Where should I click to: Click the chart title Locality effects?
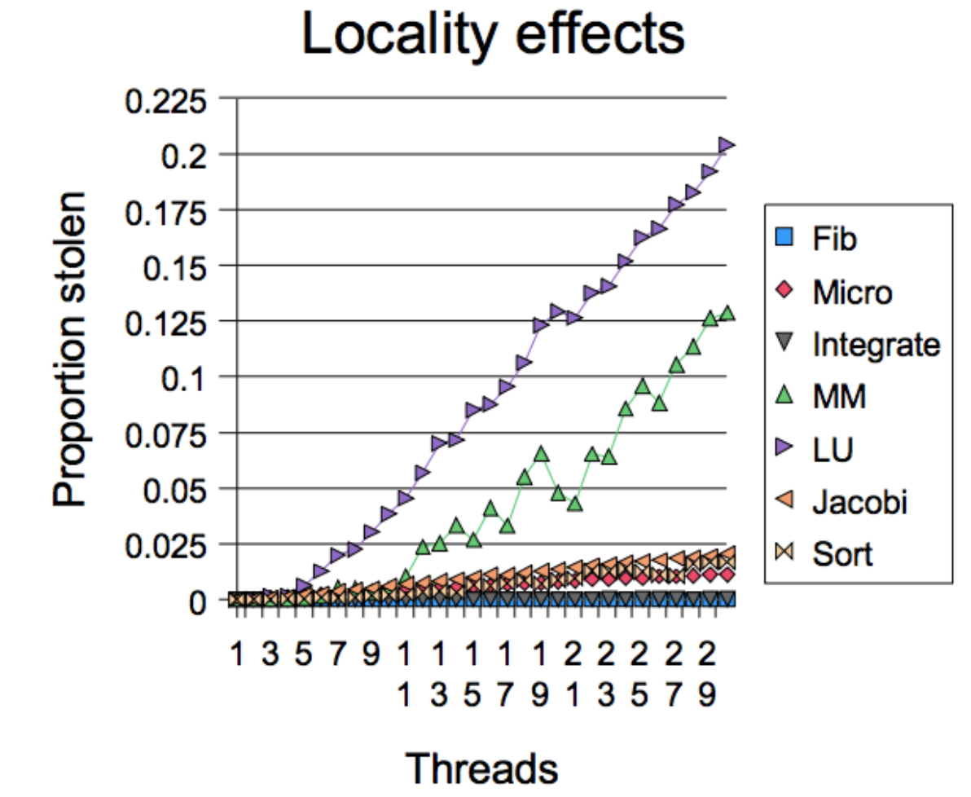tap(492, 36)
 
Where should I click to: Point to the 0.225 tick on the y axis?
tap(165, 101)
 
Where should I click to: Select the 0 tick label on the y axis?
tap(198, 601)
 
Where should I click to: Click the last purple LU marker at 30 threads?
tap(727, 145)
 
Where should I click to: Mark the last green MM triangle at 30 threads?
tap(727, 314)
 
